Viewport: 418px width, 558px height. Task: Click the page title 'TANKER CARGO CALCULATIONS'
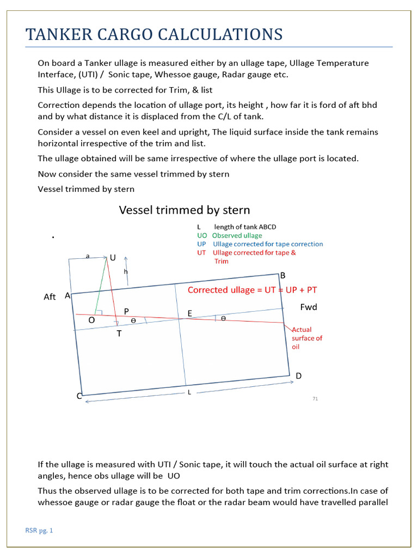click(154, 34)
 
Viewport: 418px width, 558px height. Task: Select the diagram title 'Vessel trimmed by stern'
click(185, 210)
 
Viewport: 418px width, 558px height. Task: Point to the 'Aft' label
click(50, 297)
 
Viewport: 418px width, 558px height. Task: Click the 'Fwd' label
click(309, 307)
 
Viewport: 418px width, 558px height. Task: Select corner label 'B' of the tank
click(282, 276)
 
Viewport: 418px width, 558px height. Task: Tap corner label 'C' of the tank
click(79, 396)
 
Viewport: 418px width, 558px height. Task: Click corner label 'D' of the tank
click(298, 377)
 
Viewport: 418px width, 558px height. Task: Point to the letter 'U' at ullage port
click(113, 257)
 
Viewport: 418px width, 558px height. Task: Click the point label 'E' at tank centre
click(189, 313)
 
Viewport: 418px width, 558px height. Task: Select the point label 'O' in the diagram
click(91, 320)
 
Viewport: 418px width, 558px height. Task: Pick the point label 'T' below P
click(119, 333)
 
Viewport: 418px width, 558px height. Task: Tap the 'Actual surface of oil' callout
click(307, 338)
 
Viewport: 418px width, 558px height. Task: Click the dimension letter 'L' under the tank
click(189, 392)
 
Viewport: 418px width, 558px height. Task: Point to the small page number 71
click(315, 399)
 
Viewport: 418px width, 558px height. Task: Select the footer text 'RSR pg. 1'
click(39, 530)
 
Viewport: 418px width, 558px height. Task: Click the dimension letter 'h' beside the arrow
click(126, 271)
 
